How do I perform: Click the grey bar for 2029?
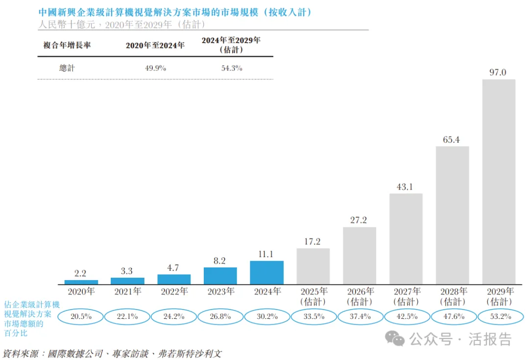pos(499,181)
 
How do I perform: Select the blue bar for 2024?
pos(266,272)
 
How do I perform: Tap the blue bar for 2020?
pos(81,282)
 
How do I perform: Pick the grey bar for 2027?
pos(406,239)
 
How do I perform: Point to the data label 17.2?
pos(313,242)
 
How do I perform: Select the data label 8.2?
pos(220,261)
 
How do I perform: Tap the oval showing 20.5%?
pos(81,316)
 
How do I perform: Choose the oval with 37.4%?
pos(360,316)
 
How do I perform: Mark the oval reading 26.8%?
pos(220,316)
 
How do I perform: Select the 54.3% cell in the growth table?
pos(232,69)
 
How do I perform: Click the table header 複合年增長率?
pos(67,45)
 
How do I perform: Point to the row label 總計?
pos(67,69)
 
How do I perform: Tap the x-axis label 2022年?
pos(174,292)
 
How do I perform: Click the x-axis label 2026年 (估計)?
pos(360,296)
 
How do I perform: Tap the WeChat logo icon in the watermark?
pos(395,338)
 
